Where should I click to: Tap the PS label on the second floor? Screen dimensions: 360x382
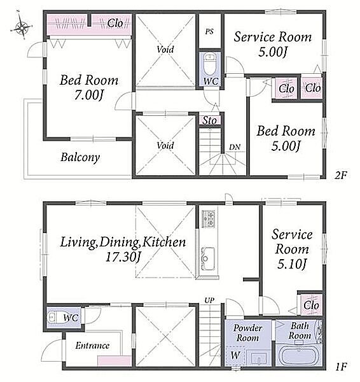pyautogui.click(x=209, y=31)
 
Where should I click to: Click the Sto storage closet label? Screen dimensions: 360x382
pyautogui.click(x=210, y=120)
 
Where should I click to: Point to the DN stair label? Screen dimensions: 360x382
pyautogui.click(x=235, y=147)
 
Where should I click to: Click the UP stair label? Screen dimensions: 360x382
pyautogui.click(x=209, y=301)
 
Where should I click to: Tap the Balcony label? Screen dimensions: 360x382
pyautogui.click(x=80, y=157)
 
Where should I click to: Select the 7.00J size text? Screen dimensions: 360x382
pyautogui.click(x=88, y=95)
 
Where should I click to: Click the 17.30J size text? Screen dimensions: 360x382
pyautogui.click(x=123, y=257)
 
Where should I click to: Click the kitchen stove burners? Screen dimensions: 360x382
pyautogui.click(x=209, y=218)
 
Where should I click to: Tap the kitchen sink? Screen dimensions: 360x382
pyautogui.click(x=208, y=258)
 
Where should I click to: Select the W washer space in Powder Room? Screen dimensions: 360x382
pyautogui.click(x=235, y=355)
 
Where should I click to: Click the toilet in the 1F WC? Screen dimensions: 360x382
pyautogui.click(x=55, y=317)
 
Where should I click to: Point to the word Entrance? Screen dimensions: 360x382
pyautogui.click(x=92, y=346)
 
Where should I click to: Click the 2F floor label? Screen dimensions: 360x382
pyautogui.click(x=340, y=175)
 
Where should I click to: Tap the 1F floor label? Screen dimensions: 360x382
pyautogui.click(x=341, y=367)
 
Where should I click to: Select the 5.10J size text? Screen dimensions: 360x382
pyautogui.click(x=291, y=264)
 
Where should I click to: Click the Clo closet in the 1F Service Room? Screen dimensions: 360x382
pyautogui.click(x=312, y=305)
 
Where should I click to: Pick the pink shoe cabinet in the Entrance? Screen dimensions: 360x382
pyautogui.click(x=114, y=361)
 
